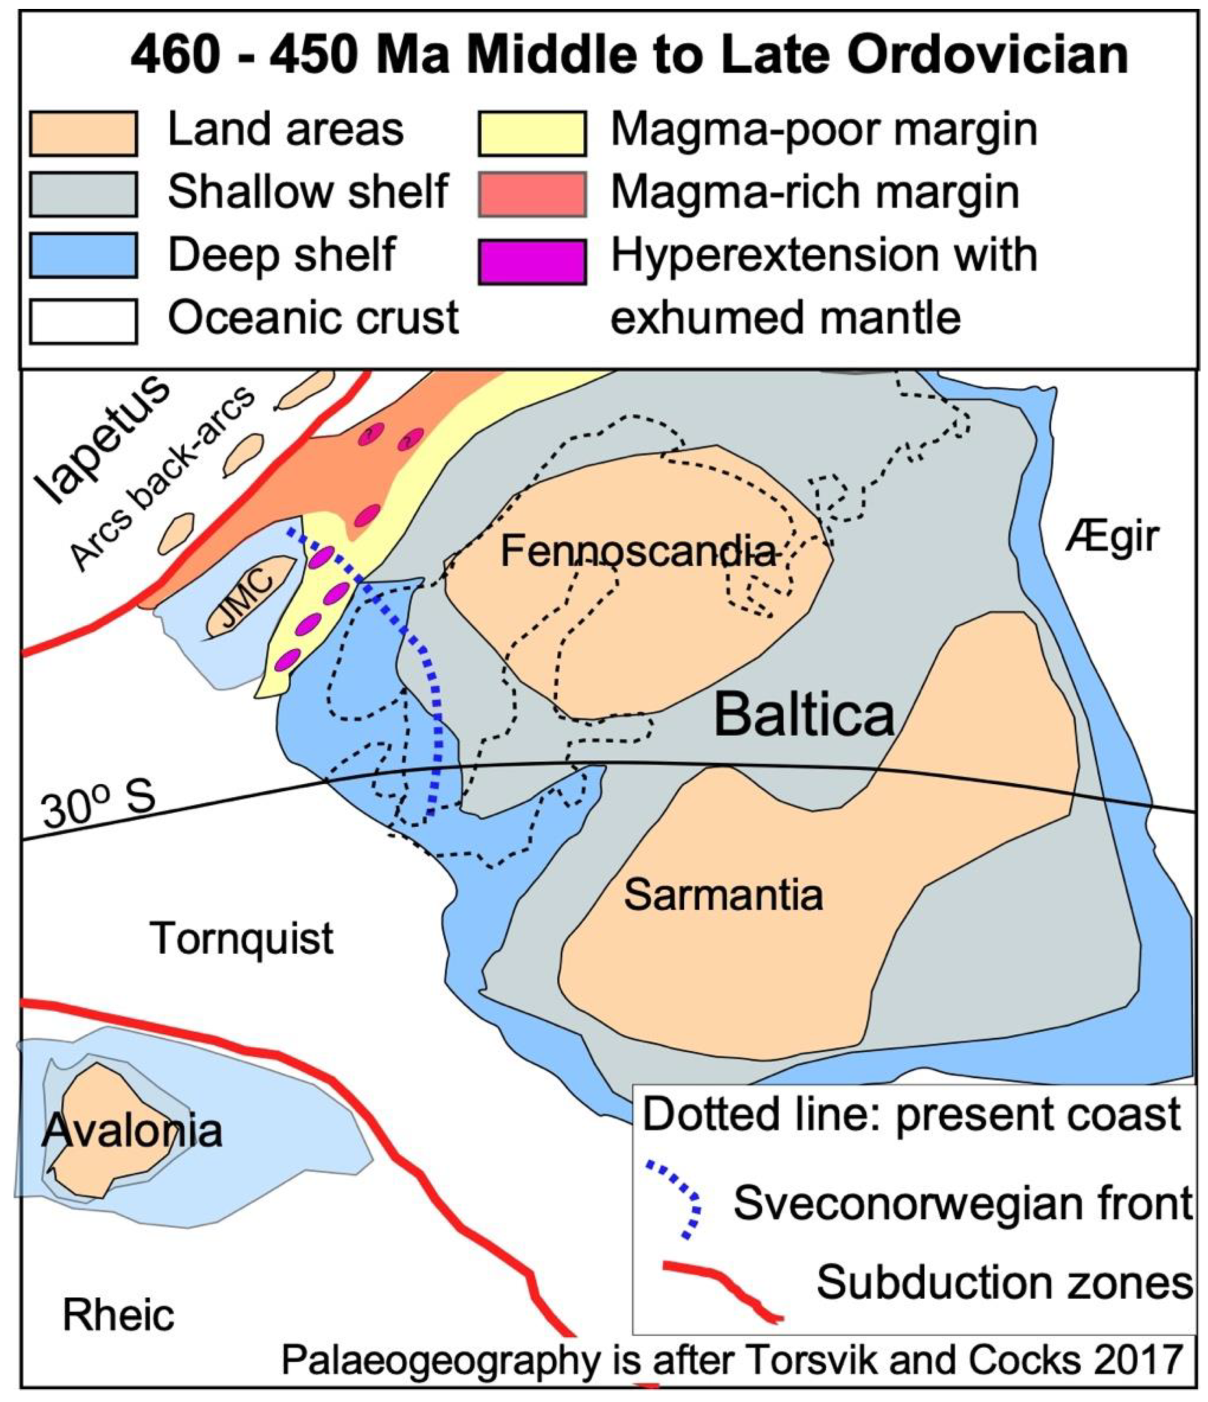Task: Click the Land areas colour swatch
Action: click(x=83, y=133)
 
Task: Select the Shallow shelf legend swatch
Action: click(x=83, y=194)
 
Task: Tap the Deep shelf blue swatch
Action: click(x=83, y=255)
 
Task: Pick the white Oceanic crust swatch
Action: click(x=83, y=321)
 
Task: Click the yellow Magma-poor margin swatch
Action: click(x=532, y=133)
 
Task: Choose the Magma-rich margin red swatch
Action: click(x=532, y=194)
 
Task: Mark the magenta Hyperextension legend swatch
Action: click(x=532, y=261)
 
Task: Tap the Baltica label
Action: click(x=804, y=715)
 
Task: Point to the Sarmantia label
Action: click(x=723, y=895)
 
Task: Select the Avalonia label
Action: click(x=132, y=1131)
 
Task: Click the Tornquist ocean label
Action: click(x=242, y=938)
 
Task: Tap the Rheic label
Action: click(x=118, y=1315)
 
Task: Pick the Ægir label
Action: click(x=1112, y=537)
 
